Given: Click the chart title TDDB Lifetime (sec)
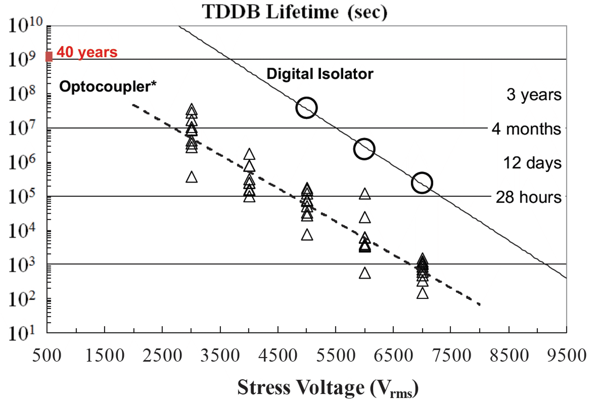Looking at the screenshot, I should coord(295,12).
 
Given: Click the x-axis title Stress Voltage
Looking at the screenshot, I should coord(328,388).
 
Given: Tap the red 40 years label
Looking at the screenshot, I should coord(87,52).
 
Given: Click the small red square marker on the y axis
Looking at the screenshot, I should coord(49,57).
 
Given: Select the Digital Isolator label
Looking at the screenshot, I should coord(320,74).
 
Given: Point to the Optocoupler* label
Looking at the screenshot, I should coord(107,86).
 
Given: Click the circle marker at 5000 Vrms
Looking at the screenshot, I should coord(307,108).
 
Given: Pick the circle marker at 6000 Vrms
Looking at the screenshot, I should coord(364,149).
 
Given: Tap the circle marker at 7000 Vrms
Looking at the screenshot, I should coord(422,183).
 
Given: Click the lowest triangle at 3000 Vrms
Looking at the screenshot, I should coord(192,177).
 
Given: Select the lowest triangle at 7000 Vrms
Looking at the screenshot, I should coord(422,294).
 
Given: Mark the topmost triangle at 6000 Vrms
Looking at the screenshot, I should coord(365,194).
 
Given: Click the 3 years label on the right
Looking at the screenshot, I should coord(534,95).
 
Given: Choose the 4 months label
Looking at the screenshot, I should coord(526,129).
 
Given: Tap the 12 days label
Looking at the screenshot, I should coord(532,163).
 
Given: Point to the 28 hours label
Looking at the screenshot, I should coord(528,197).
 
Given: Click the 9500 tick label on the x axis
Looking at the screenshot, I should coord(566,355).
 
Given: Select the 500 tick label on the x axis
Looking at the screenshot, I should coord(47,355).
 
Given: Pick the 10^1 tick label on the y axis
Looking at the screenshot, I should coord(22,333).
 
